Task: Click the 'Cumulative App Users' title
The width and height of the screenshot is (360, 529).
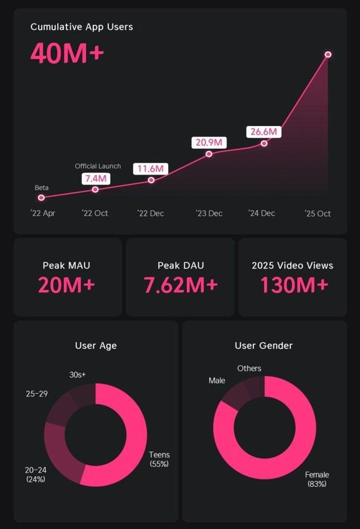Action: pos(82,27)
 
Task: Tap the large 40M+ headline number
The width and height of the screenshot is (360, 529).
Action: pos(67,54)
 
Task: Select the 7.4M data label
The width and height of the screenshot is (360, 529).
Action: pos(95,179)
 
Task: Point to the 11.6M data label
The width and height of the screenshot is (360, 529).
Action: pos(151,169)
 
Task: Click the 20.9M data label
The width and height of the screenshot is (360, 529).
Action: pos(209,143)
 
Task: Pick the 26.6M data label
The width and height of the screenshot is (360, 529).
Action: pos(264,132)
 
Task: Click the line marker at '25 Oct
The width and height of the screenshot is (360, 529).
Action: pos(328,55)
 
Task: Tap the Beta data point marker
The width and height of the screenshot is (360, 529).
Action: pos(41,198)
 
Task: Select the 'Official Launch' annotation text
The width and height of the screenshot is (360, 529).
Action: pos(98,166)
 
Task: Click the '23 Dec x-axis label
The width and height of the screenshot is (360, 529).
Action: pos(209,213)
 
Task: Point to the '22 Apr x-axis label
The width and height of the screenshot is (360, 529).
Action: pos(42,213)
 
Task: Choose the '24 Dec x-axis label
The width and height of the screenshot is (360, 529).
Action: pos(261,213)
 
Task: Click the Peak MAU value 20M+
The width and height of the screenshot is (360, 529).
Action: pos(66,285)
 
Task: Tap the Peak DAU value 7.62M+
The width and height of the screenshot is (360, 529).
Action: pos(181,285)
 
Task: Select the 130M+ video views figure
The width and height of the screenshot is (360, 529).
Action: pos(293,285)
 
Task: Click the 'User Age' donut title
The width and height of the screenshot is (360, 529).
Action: pos(96,346)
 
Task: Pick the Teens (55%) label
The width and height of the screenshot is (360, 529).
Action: pos(159,459)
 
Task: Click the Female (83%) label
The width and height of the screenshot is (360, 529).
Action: pos(316,479)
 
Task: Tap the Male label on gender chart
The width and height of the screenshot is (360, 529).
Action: pos(217,380)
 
